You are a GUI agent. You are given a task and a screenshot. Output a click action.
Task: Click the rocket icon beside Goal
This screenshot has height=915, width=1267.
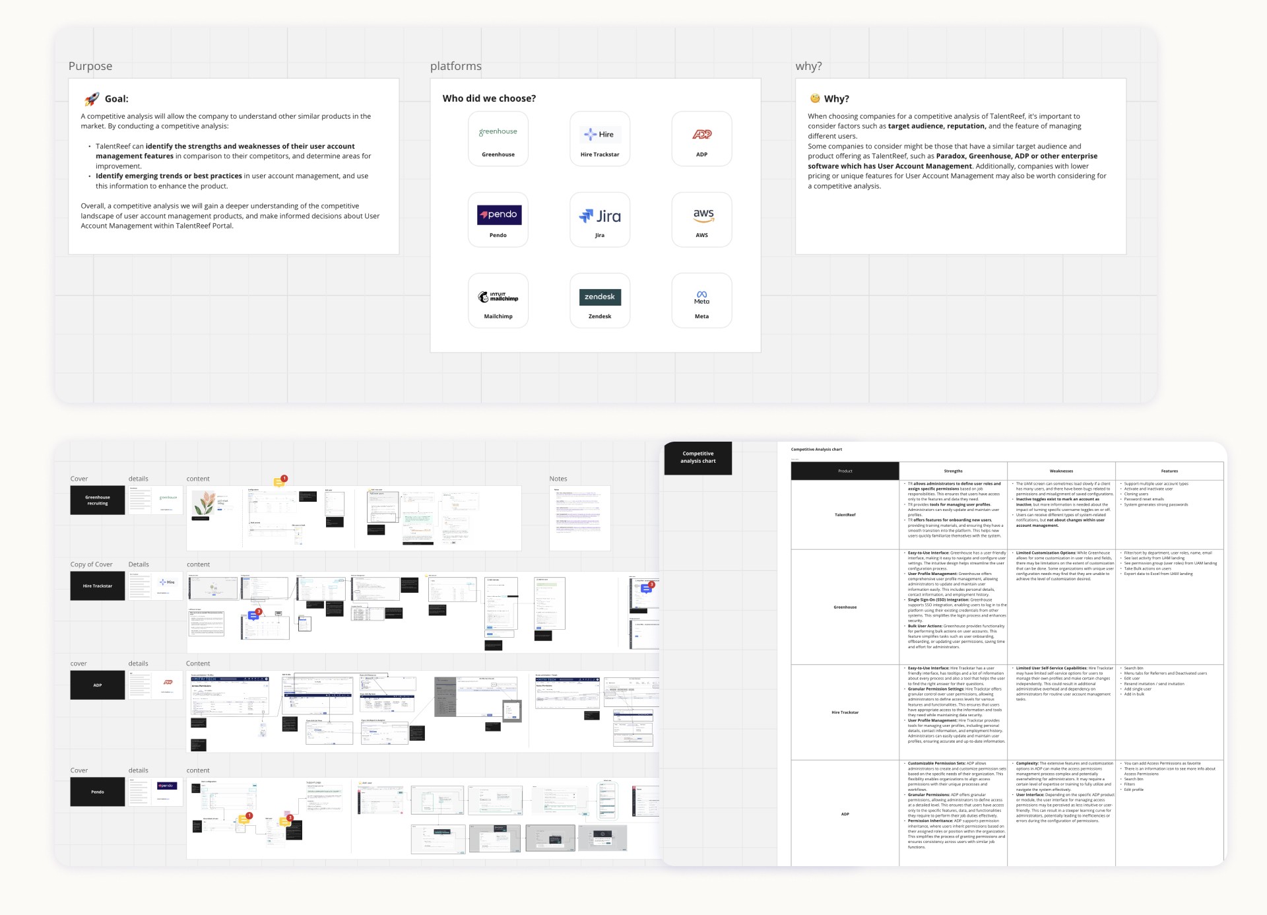[92, 99]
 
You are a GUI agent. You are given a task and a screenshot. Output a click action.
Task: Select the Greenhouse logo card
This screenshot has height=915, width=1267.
[498, 139]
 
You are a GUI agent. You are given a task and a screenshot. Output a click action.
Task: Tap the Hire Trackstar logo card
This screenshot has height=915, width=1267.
[600, 139]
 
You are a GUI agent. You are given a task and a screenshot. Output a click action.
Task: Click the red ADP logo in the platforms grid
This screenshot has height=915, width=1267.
[701, 134]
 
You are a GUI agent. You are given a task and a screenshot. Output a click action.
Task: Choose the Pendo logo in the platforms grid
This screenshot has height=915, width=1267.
[499, 215]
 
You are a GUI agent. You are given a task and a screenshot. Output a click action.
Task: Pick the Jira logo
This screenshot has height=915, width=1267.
[600, 216]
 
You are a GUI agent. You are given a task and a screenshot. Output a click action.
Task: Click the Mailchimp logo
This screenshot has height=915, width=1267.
[498, 297]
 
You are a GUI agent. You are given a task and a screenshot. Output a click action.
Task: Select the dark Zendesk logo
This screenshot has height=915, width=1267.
[600, 297]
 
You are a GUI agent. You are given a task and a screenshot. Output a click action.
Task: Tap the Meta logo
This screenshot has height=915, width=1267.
[701, 297]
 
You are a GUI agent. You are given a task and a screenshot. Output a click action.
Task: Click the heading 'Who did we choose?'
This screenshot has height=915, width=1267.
[489, 98]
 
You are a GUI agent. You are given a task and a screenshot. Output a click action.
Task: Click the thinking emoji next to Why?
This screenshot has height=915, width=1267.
[815, 98]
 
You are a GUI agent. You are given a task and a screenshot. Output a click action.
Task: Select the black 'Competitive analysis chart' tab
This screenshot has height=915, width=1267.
[698, 457]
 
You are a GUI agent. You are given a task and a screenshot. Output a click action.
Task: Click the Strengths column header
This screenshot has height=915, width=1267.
[953, 471]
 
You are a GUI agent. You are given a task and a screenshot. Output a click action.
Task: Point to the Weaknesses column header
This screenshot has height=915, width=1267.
[1061, 471]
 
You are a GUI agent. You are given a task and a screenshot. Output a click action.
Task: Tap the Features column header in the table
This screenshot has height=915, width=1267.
[1169, 471]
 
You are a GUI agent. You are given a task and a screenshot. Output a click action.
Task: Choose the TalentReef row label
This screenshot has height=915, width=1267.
[845, 515]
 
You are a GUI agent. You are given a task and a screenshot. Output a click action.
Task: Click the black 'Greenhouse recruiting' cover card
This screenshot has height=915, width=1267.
[98, 500]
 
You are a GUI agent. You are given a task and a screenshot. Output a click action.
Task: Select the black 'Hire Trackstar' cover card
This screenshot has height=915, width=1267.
[98, 586]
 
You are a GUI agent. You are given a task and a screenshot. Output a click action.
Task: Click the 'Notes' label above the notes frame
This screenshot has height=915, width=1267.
[558, 479]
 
